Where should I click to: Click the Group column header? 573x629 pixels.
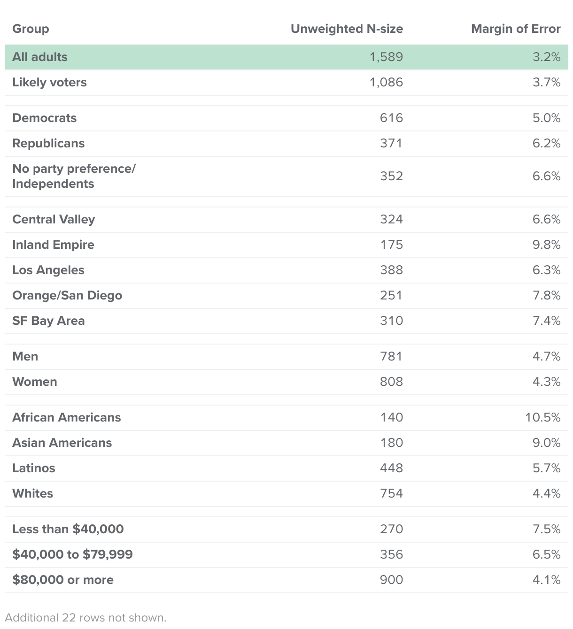pos(31,29)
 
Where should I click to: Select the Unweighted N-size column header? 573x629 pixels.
pos(347,29)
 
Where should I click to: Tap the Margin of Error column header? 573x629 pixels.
pos(516,29)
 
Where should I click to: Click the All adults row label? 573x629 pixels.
pos(40,57)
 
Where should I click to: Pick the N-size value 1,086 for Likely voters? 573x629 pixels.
pos(386,82)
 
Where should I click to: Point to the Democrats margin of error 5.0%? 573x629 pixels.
pos(546,118)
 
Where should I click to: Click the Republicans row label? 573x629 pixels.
pos(48,143)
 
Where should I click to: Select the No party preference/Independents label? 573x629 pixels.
pos(74,176)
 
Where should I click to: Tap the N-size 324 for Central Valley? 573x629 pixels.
pos(391,219)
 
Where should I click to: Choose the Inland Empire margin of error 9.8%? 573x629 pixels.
pos(546,245)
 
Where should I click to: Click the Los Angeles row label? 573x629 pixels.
pos(48,270)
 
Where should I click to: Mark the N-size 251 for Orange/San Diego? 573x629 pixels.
pos(391,295)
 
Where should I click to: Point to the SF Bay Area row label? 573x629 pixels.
pos(48,321)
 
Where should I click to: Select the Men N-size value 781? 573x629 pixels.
pos(391,356)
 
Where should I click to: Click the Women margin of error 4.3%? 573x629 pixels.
pos(546,382)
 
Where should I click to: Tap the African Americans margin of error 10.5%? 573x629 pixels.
pos(543,417)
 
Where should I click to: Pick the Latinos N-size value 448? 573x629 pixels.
pos(391,468)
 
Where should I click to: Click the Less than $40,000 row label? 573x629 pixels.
pos(68,529)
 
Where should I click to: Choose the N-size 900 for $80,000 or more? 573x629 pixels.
pos(391,580)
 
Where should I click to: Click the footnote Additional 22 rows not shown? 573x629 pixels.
pos(85,617)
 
